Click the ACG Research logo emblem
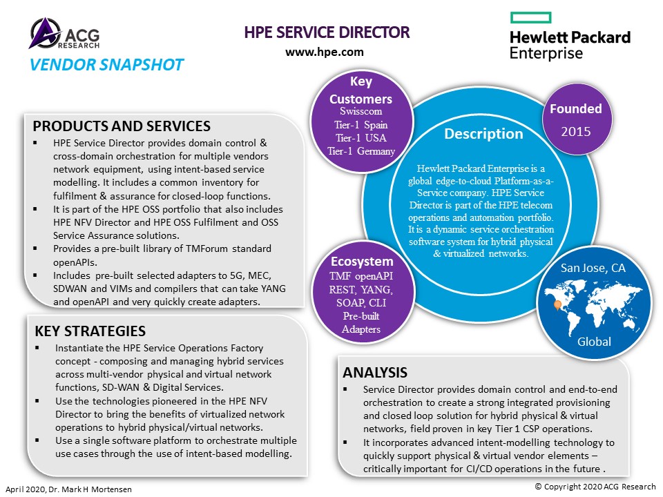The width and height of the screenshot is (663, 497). point(45,32)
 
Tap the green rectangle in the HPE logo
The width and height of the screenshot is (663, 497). point(530,17)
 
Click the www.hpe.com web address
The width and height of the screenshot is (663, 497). point(325,52)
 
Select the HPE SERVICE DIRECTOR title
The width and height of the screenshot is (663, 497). point(327,32)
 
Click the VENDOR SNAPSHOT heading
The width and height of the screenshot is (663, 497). point(106,65)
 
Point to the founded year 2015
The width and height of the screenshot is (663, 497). point(575,131)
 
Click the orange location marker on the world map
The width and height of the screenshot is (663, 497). point(558,305)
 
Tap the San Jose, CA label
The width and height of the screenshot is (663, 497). point(593,268)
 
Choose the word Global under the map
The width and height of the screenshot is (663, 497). point(594,342)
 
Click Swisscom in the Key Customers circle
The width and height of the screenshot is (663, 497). point(361,111)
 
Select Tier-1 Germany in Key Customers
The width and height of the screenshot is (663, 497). point(361,151)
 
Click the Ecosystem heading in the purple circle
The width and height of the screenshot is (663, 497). point(362,262)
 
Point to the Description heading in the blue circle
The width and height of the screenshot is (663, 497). point(483,133)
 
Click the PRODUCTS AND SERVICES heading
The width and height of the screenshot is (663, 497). point(122,126)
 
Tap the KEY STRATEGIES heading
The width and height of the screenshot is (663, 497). point(90,331)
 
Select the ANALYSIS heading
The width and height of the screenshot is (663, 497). point(375,372)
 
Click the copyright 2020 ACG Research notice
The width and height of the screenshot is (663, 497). point(595,487)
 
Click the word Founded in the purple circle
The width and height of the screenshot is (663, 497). point(575,108)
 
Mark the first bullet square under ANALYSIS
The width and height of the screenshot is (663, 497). point(345,389)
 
